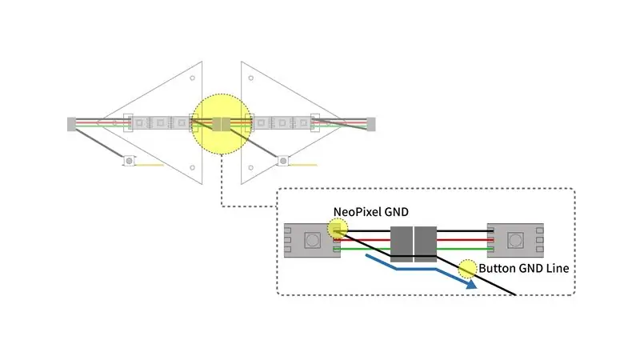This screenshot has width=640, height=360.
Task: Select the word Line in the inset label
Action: (558, 268)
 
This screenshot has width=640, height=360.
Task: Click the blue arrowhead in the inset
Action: (471, 284)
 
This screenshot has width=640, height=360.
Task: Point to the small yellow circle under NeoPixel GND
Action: (338, 229)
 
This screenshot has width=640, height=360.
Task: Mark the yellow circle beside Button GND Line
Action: (467, 270)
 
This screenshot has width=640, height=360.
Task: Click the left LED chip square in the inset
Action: (312, 241)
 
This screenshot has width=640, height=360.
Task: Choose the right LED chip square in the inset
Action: (515, 241)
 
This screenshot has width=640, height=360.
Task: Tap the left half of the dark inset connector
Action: (402, 244)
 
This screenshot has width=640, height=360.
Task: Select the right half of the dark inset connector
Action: (426, 244)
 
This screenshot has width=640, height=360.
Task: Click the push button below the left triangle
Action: (129, 162)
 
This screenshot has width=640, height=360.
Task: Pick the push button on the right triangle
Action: (283, 162)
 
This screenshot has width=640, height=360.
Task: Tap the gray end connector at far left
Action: (71, 124)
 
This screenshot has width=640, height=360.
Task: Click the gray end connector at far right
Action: (371, 124)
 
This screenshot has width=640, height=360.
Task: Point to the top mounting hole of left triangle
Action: (192, 78)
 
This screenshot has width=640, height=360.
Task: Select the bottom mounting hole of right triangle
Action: (251, 167)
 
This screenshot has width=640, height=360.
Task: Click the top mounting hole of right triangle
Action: (251, 78)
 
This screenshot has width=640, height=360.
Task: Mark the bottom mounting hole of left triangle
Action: (192, 167)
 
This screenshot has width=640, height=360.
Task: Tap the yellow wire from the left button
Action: (150, 165)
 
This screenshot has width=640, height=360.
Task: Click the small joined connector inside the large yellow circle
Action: (221, 124)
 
